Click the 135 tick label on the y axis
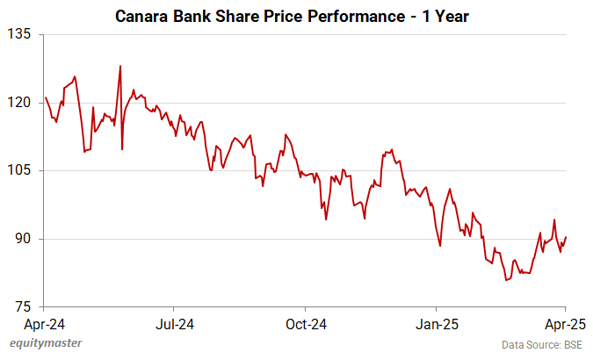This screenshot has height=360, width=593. [x=18, y=34]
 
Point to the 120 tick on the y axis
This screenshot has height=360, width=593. [x=18, y=103]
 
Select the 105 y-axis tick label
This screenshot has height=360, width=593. [x=18, y=170]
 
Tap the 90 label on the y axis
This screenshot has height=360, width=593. [x=21, y=239]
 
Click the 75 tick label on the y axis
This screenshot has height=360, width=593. [x=21, y=306]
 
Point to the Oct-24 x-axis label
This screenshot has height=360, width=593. [x=305, y=324]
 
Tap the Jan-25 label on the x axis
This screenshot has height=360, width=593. [x=436, y=324]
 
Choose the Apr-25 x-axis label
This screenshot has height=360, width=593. [x=566, y=324]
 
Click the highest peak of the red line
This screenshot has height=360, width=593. [x=120, y=66]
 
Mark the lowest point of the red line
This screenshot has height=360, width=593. [x=506, y=280]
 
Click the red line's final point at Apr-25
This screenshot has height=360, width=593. [x=566, y=237]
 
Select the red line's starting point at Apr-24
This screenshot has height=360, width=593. [x=45, y=97]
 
